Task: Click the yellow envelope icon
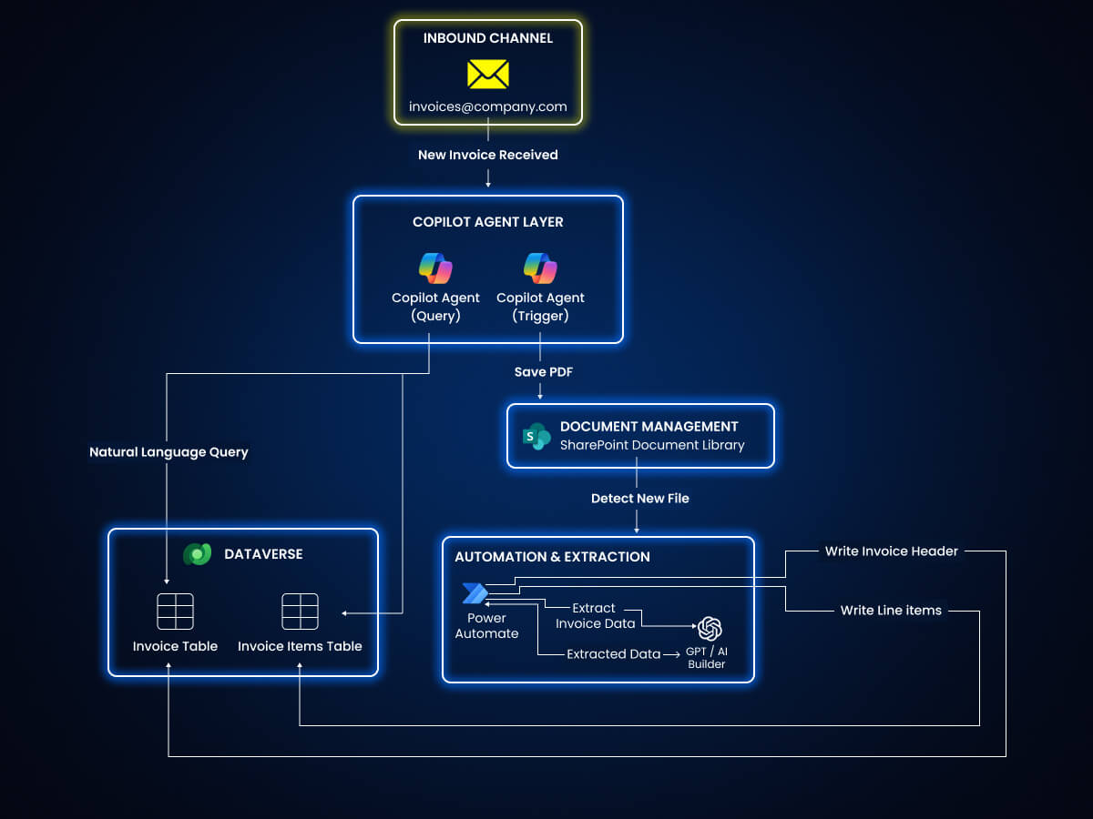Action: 487,74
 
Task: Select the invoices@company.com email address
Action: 487,106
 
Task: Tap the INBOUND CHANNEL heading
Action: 487,38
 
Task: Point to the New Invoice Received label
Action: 487,155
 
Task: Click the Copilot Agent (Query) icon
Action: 435,268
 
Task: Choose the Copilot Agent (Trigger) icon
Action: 540,268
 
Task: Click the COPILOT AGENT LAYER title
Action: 487,221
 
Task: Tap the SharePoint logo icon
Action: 536,437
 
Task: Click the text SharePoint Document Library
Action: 651,445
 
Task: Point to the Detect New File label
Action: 639,498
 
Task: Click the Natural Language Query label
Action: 169,451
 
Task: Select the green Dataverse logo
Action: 197,554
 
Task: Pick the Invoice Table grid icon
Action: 175,612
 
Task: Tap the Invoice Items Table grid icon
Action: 300,612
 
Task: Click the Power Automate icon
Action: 475,593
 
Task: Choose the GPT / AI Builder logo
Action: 710,629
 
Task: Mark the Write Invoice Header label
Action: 891,551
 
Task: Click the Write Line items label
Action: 891,610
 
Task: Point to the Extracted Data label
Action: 613,654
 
